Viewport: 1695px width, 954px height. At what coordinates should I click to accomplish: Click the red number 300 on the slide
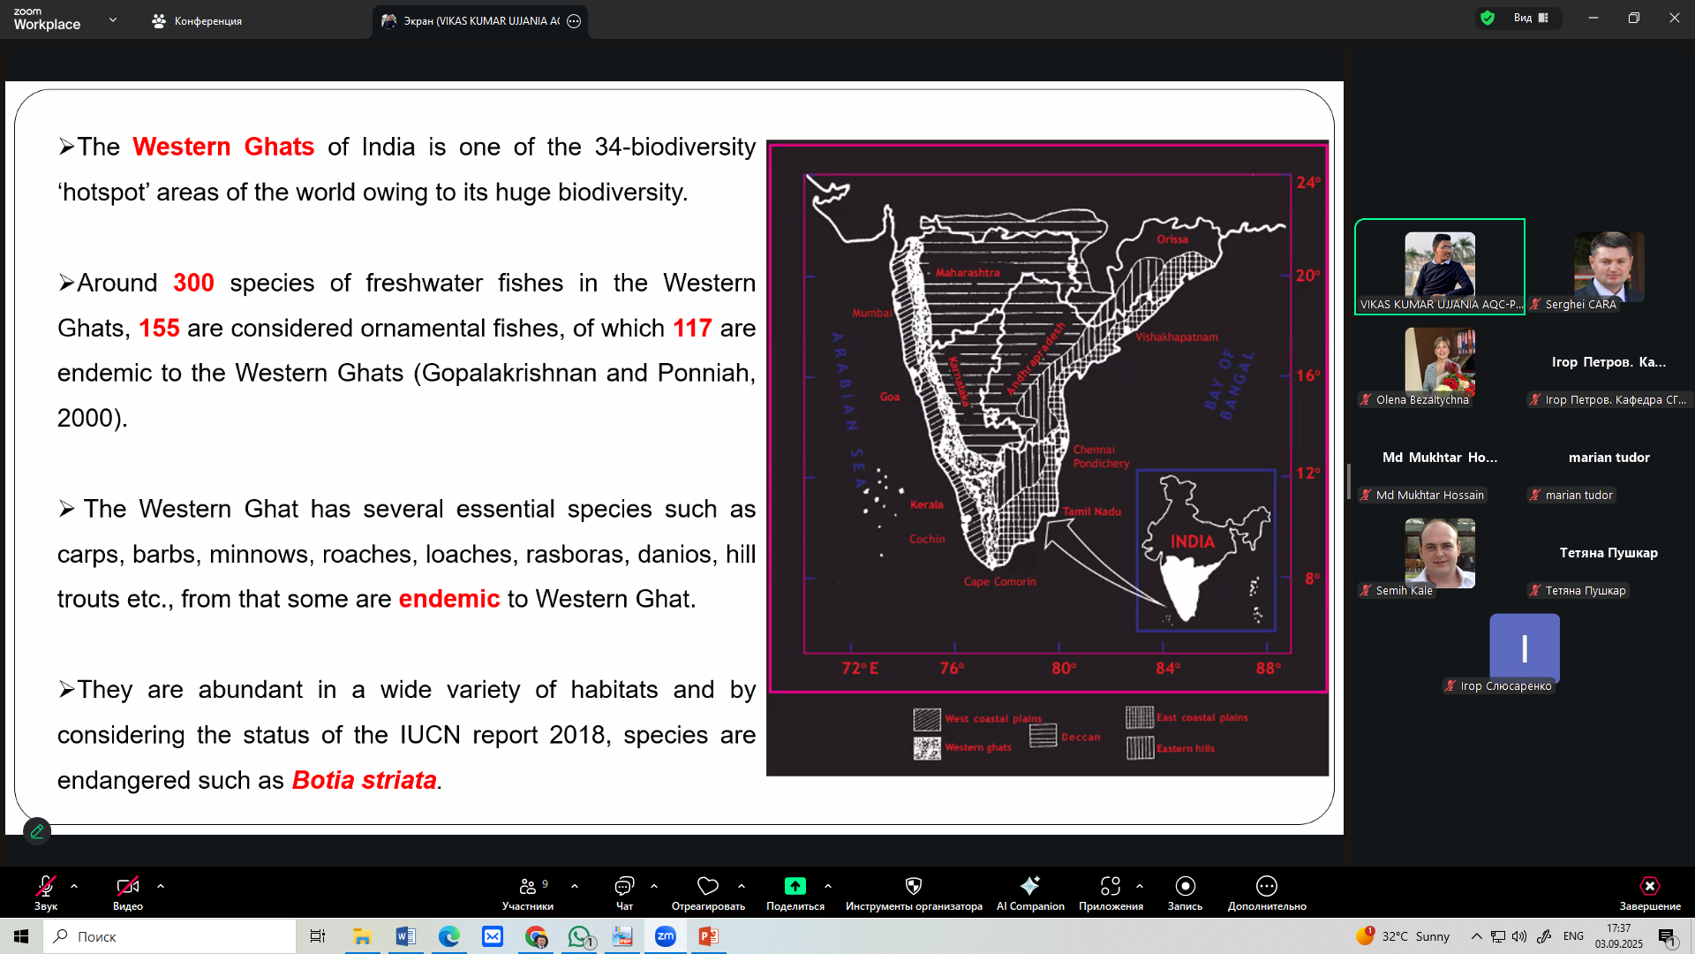tap(193, 283)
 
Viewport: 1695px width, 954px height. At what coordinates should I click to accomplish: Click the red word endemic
tap(449, 599)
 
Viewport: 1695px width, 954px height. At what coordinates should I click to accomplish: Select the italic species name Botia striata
tap(364, 780)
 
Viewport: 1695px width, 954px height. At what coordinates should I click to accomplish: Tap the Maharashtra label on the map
tap(968, 273)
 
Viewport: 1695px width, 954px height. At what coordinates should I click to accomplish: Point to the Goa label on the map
tap(890, 397)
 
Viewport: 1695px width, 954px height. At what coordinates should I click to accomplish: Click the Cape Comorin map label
tap(1000, 581)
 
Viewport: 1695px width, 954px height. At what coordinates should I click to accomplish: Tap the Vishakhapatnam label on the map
tap(1177, 337)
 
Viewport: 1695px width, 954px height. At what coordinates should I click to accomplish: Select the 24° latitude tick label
tap(1308, 182)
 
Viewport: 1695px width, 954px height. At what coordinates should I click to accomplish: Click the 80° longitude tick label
tap(1064, 669)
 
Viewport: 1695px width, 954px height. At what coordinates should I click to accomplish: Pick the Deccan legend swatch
tap(1043, 735)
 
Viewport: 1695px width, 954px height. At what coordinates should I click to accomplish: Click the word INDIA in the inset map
tap(1192, 541)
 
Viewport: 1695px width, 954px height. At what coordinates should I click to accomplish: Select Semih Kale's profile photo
tap(1440, 553)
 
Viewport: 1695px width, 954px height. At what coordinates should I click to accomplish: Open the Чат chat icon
tap(624, 886)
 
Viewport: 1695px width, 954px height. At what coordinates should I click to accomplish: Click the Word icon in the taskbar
tap(405, 936)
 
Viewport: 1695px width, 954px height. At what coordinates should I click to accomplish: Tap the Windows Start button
tap(21, 936)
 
